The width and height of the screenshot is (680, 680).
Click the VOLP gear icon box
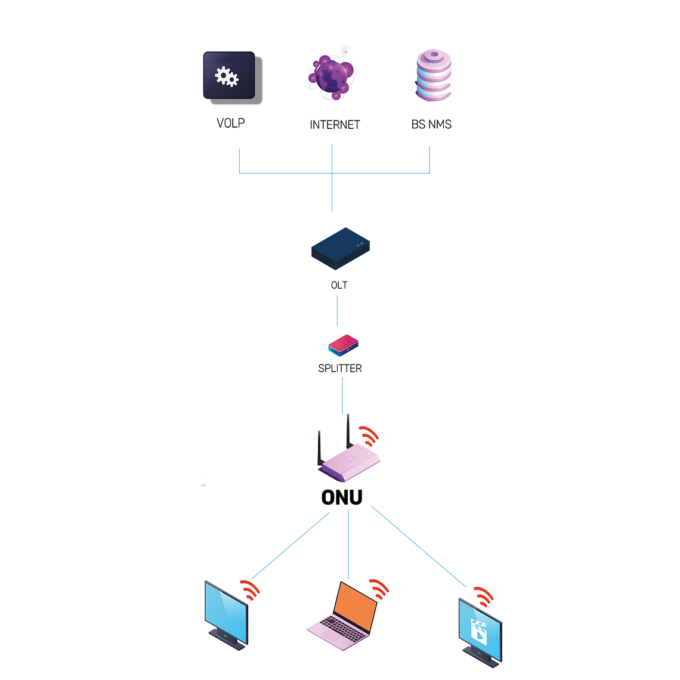230,76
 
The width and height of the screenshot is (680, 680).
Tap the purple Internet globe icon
331,76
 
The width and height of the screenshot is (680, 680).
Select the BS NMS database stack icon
434,75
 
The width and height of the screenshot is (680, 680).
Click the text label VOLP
231,123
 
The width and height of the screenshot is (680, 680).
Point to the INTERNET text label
335,125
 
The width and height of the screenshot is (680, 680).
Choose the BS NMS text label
431,124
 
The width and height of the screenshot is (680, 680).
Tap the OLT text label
339,285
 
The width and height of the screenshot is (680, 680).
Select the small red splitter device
343,345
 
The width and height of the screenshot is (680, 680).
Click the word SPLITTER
340,369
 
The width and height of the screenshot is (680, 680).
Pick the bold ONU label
342,497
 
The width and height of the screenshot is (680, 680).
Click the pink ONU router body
349,462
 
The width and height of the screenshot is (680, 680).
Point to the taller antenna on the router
348,431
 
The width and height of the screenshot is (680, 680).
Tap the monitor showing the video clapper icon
480,630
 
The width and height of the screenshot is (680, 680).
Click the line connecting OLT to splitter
337,310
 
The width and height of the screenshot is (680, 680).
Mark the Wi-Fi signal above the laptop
379,589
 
